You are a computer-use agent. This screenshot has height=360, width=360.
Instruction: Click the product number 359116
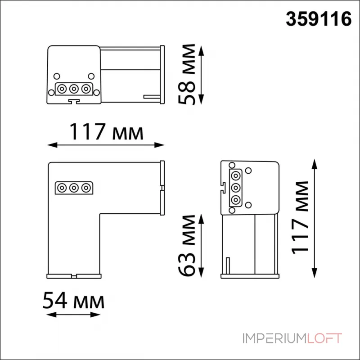[319, 19]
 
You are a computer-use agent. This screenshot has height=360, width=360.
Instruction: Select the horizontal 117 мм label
[106, 132]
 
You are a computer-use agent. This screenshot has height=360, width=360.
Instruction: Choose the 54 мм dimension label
[73, 301]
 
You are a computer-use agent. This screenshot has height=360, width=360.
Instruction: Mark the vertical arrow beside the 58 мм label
[201, 74]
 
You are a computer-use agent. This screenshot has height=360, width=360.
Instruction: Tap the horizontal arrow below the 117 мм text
[106, 145]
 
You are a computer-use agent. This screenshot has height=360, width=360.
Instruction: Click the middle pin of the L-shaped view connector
[73, 187]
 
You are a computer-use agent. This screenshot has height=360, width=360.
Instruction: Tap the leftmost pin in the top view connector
[63, 88]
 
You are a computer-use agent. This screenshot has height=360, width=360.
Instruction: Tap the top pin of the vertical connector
[235, 175]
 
